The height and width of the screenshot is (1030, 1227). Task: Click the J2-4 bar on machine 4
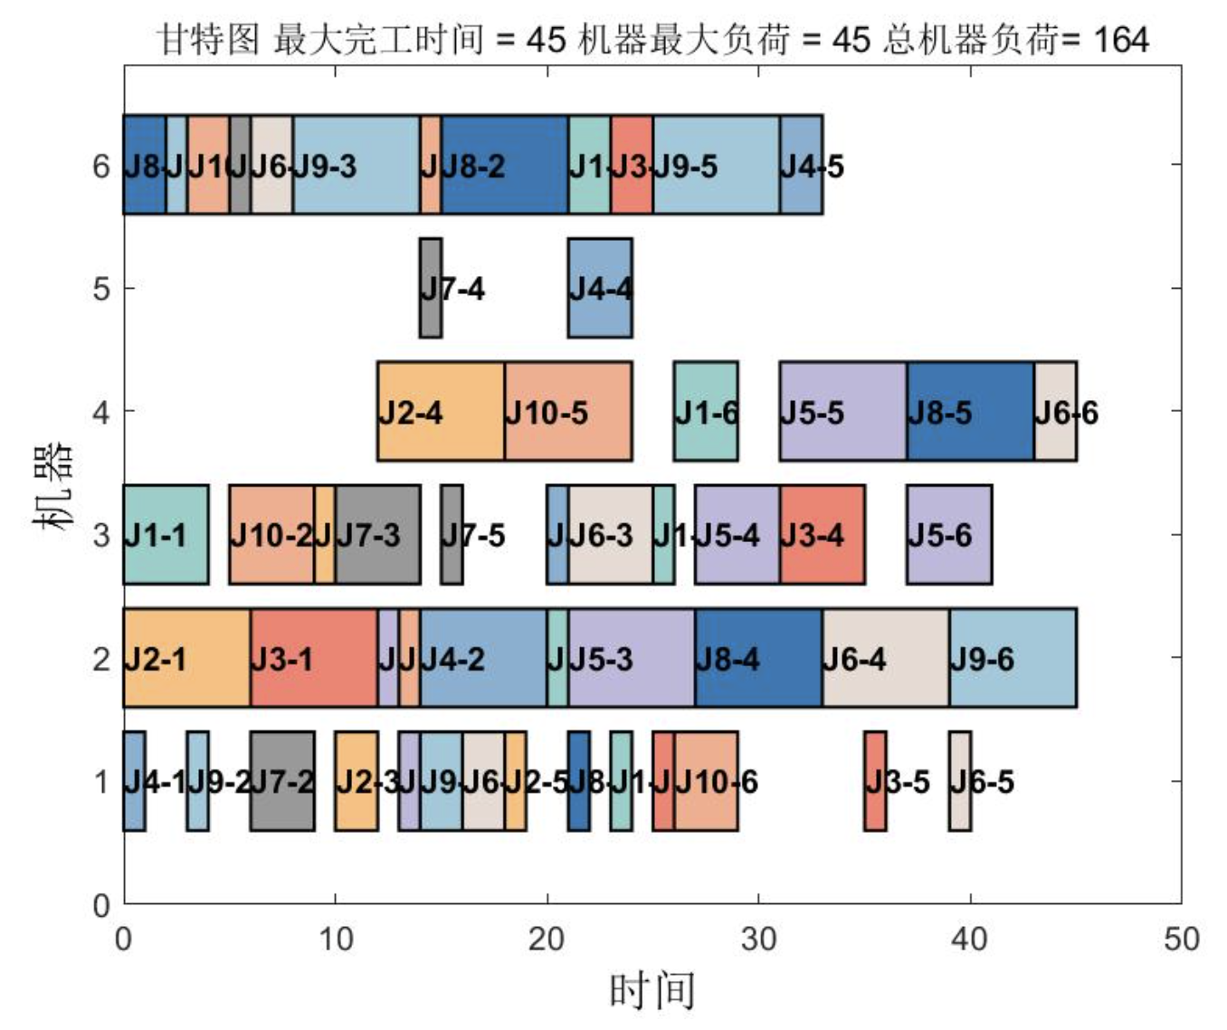point(441,411)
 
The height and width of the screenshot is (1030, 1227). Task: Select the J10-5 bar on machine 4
point(568,411)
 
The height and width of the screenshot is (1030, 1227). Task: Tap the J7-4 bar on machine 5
point(431,288)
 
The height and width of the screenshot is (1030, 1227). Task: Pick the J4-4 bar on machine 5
point(600,288)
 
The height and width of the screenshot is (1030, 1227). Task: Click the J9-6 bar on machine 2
point(1013,657)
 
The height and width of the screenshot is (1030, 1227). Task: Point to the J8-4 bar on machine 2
point(758,657)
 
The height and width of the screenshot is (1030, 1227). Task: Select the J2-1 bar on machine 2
point(187,657)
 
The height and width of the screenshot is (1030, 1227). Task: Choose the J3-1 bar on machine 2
point(314,657)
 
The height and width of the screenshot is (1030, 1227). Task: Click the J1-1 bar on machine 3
point(166,534)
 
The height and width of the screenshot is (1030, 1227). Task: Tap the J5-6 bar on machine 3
point(949,534)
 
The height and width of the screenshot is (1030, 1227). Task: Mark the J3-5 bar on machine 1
point(875,780)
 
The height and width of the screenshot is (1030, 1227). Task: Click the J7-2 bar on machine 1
point(282,780)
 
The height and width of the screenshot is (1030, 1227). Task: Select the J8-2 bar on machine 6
point(505,165)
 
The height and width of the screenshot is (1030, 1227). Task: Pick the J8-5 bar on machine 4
point(970,411)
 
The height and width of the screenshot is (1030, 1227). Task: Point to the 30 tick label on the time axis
point(758,939)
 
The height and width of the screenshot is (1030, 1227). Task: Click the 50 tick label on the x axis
point(1182,939)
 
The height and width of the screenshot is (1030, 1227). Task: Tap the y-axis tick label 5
point(101,289)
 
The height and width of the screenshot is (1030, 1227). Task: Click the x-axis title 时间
point(652,990)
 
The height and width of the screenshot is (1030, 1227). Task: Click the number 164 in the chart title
point(1120,40)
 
